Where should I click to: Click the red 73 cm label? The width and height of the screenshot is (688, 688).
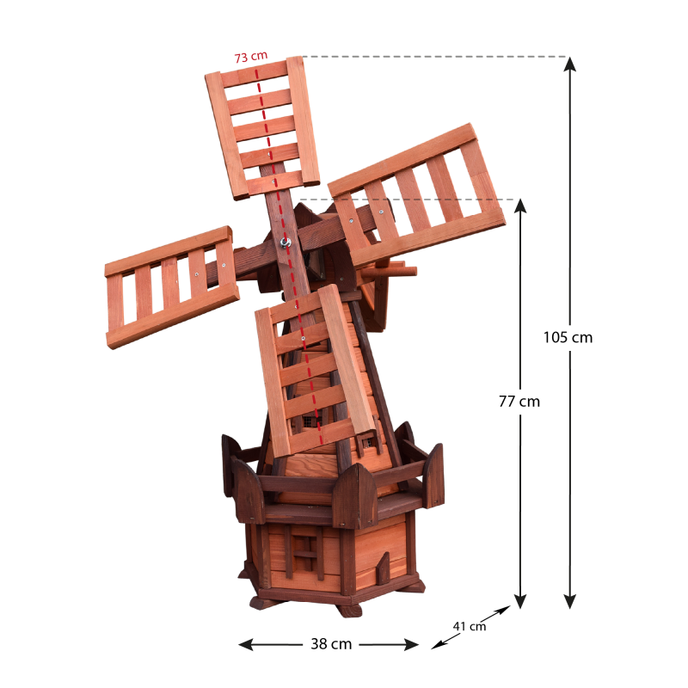pos(250,57)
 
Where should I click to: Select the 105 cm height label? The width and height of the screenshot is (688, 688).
pos(568,337)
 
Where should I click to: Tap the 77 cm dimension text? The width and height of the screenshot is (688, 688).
pos(519,401)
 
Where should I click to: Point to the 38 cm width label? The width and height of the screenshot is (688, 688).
pos(331,643)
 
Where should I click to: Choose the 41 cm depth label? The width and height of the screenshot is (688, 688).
pos(470,626)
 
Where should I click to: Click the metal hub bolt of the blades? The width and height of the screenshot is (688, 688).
pos(286,242)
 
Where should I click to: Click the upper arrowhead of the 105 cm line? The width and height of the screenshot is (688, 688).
pos(569,64)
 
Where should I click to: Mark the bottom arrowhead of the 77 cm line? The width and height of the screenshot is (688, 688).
pos(520,601)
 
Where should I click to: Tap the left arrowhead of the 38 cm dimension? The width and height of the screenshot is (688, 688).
pos(246,644)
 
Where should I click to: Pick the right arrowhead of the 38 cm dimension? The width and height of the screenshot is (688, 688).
pos(411,644)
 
